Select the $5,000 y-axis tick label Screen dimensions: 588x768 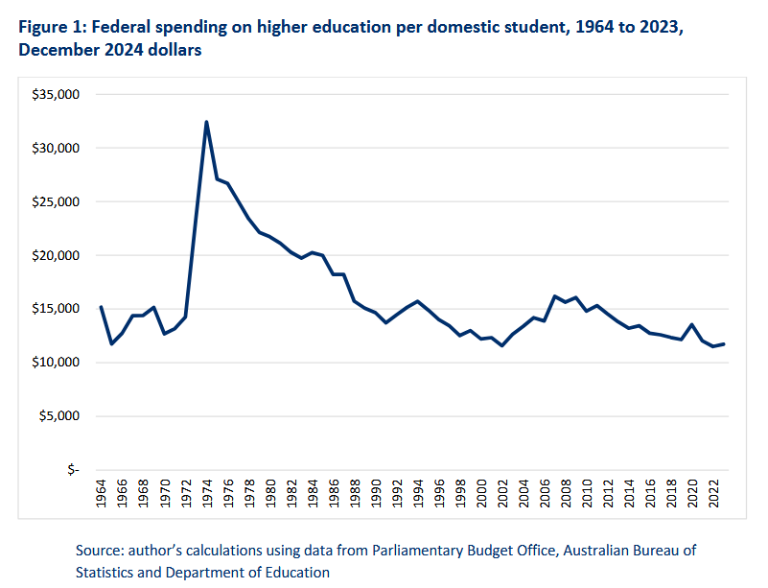65,416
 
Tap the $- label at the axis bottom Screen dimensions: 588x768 76,470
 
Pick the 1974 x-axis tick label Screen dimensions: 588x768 207,496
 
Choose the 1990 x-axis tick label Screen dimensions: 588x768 376,496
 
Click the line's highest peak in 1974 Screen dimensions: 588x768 206,122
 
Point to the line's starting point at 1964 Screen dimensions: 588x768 101,307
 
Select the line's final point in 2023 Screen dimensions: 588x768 723,344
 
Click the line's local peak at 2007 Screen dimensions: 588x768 554,296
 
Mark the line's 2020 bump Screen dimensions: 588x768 691,324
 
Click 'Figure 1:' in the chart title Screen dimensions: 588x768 52,28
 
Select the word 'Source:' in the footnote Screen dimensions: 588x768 103,552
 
